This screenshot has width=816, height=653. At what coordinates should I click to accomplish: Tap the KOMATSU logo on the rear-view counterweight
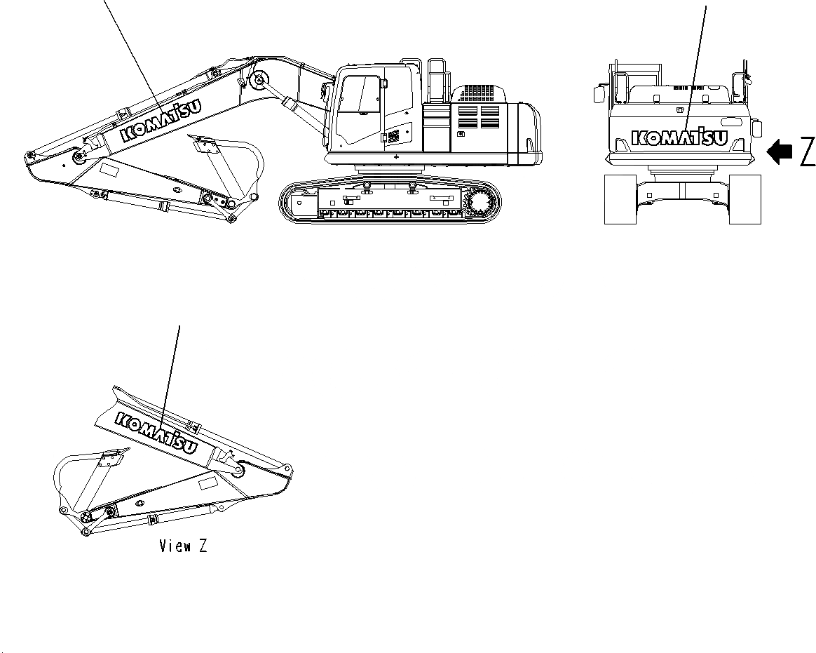tap(679, 137)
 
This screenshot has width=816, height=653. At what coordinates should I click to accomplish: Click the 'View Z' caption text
tap(183, 546)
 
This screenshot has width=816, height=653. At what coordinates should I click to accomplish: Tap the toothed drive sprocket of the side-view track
tap(482, 203)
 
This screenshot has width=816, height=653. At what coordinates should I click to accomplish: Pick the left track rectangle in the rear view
tap(620, 199)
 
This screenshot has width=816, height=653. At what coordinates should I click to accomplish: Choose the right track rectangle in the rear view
tap(744, 199)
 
